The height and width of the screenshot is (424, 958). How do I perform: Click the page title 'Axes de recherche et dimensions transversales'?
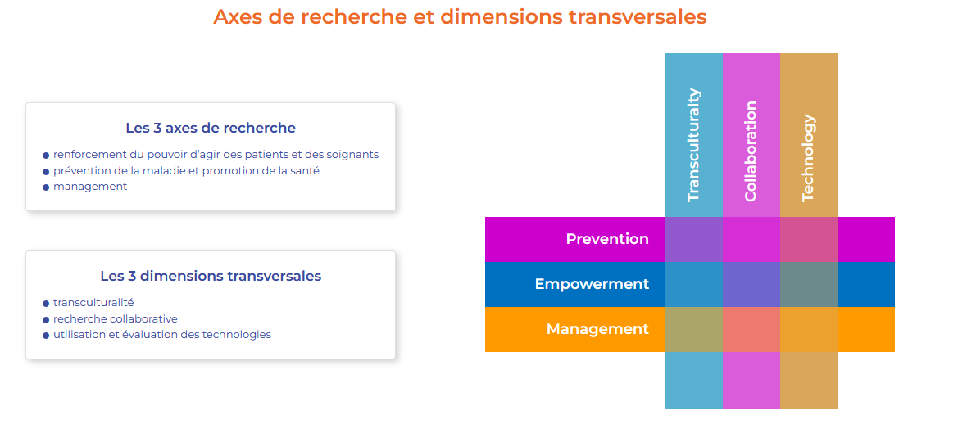pos(460,17)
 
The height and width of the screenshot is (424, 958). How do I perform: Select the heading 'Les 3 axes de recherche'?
pos(211,129)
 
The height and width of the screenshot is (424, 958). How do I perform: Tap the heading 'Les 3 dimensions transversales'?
pos(211,276)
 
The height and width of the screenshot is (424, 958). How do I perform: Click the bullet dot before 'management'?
pos(46,187)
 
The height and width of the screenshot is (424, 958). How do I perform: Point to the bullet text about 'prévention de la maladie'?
pos(186,171)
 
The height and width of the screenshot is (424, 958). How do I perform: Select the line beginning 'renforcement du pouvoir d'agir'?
pos(216,155)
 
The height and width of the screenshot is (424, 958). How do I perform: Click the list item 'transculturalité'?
pos(93,303)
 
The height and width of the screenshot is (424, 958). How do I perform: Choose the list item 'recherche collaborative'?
pos(116,318)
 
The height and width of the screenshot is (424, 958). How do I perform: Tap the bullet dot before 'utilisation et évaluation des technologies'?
pos(46,336)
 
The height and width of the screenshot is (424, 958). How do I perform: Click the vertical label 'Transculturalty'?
pos(693,145)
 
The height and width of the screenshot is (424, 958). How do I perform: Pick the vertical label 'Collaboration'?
pos(751,151)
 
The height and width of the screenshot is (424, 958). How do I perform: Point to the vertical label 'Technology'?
pos(808,158)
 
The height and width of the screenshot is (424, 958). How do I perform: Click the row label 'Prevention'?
pos(607,239)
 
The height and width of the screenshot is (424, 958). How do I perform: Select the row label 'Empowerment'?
pos(592,284)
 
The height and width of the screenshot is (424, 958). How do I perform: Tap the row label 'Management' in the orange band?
pos(597,329)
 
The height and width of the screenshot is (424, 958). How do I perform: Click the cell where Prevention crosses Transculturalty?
pos(694,240)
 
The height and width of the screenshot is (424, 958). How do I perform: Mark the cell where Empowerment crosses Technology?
pos(808,284)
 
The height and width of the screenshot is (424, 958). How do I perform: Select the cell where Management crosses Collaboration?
pos(751,329)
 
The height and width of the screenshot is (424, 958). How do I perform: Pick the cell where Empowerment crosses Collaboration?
pos(751,284)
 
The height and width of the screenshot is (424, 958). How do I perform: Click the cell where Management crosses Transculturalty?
pos(694,329)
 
